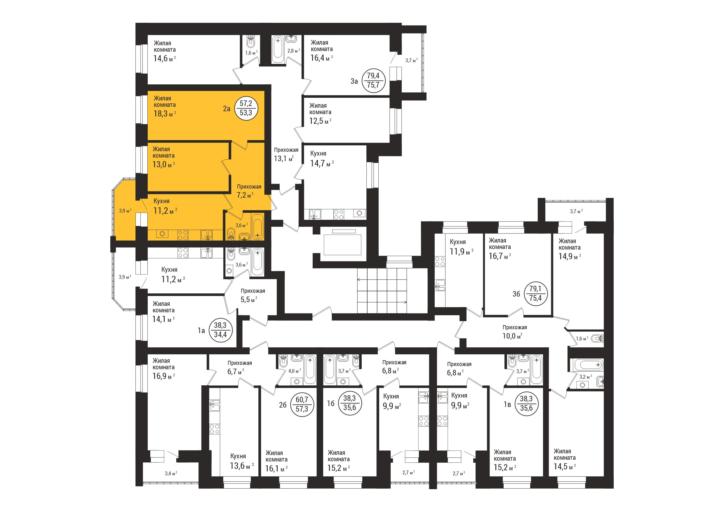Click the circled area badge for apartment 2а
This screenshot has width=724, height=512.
[247, 108]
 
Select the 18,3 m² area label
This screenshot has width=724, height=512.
[165, 114]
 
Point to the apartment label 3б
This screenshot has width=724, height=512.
[516, 294]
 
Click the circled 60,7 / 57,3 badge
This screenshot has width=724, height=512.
[302, 405]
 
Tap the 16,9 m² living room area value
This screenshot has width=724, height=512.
[164, 376]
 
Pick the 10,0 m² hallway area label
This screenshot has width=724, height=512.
[512, 336]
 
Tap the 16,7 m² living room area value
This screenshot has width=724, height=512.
[500, 256]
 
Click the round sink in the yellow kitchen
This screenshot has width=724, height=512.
[162, 234]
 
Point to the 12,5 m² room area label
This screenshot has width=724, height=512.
[320, 121]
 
